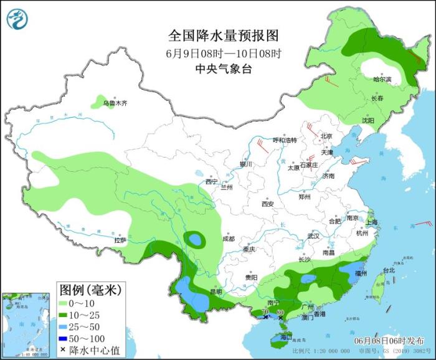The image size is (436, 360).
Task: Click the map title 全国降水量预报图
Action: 224,34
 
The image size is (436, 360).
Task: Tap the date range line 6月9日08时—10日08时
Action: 224,53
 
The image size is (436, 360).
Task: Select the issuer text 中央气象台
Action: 224,70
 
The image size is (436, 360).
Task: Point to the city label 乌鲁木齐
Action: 115,103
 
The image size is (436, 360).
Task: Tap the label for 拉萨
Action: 120,240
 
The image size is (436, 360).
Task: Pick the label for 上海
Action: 372,222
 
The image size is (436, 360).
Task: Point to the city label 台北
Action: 388,270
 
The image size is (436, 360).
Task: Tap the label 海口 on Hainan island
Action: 286,337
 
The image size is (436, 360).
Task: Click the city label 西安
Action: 268,204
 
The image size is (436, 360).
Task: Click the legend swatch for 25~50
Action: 64,326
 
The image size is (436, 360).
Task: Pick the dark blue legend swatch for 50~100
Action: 64,338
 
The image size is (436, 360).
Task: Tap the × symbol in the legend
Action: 64,349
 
